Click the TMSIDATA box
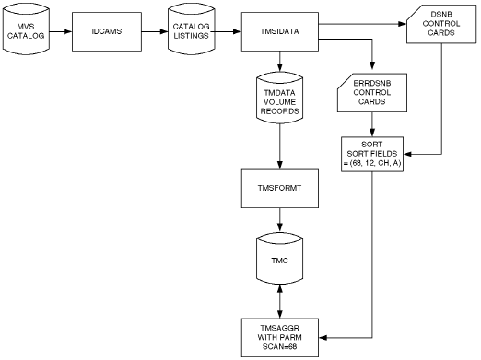(x=277, y=30)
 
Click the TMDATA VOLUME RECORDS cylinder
(x=277, y=99)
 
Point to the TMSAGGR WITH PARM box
(x=277, y=331)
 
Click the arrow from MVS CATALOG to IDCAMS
(x=61, y=30)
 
